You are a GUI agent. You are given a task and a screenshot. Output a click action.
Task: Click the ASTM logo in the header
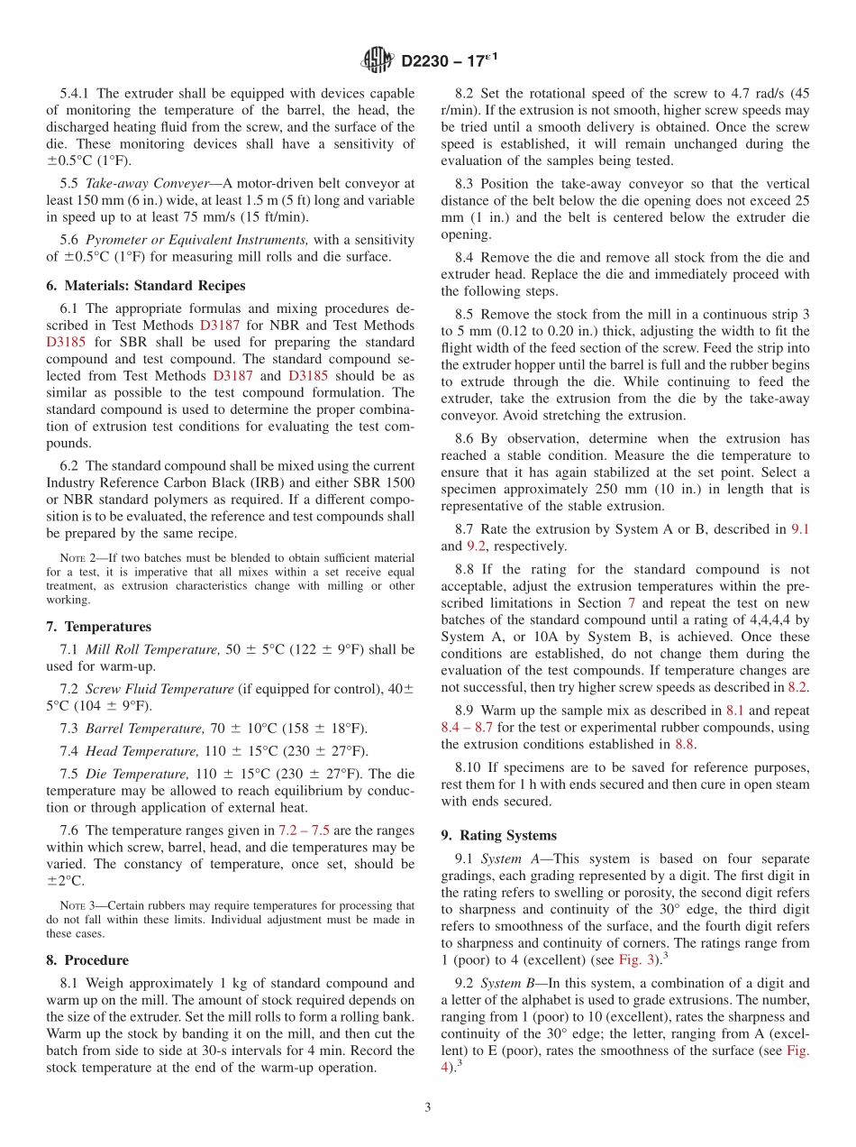click(377, 60)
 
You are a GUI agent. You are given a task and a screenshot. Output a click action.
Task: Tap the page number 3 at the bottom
click(428, 1107)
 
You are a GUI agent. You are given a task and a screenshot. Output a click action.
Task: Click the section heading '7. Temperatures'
click(98, 627)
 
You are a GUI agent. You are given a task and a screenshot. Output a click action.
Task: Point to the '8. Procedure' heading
click(87, 960)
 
